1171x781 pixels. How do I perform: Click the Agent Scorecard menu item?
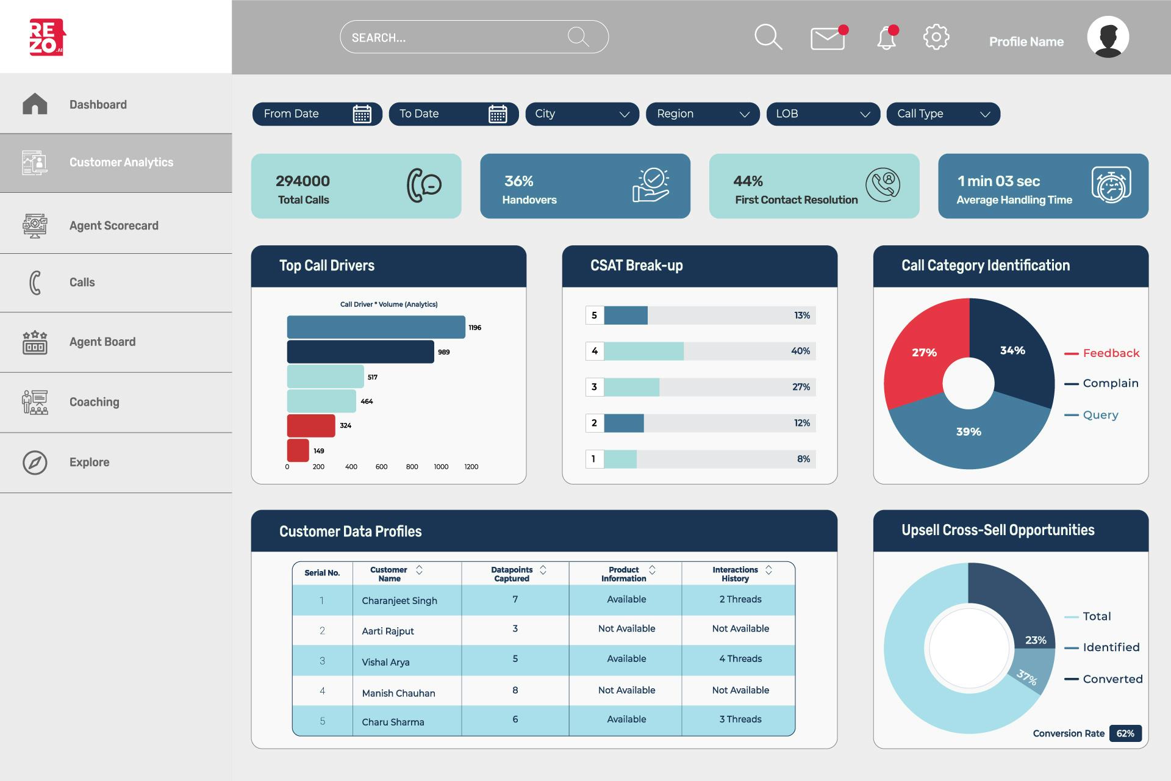pyautogui.click(x=113, y=226)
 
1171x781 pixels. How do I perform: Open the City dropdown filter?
pyautogui.click(x=581, y=114)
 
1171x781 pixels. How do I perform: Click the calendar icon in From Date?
pyautogui.click(x=362, y=114)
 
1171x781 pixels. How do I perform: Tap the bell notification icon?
pyautogui.click(x=886, y=38)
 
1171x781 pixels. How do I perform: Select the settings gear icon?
pyautogui.click(x=936, y=37)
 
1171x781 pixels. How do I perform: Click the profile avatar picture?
pyautogui.click(x=1108, y=37)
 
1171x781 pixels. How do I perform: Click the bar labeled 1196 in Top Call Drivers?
pyautogui.click(x=376, y=327)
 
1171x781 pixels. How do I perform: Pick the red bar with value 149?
pyautogui.click(x=298, y=450)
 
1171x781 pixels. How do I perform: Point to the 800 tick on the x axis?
pyautogui.click(x=412, y=467)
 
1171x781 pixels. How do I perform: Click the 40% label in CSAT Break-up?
pyautogui.click(x=800, y=351)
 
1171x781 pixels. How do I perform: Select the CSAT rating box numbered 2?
pyautogui.click(x=594, y=423)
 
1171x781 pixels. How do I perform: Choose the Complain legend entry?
pyautogui.click(x=1110, y=383)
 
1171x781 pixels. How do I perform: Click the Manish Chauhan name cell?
pyautogui.click(x=398, y=693)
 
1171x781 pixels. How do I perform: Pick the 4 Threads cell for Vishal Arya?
pyautogui.click(x=740, y=659)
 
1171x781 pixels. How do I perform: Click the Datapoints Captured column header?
pyautogui.click(x=512, y=574)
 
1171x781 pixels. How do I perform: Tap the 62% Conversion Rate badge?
pyautogui.click(x=1125, y=733)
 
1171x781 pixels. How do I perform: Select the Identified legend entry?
pyautogui.click(x=1111, y=647)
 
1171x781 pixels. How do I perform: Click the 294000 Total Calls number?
pyautogui.click(x=303, y=181)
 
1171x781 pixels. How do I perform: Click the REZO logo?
pyautogui.click(x=46, y=37)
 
